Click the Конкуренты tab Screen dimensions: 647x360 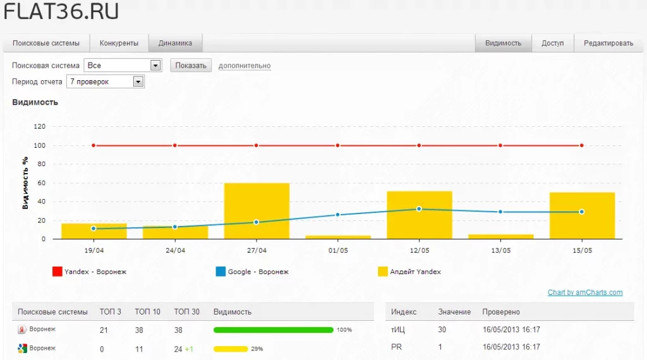point(119,43)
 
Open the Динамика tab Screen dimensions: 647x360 point(176,43)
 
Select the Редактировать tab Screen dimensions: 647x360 point(608,43)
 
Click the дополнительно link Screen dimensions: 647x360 point(245,66)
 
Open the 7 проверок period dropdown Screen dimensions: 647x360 point(106,81)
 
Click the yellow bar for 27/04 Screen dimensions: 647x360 point(257,211)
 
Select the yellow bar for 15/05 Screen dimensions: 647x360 point(582,215)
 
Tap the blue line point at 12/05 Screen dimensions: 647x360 point(420,209)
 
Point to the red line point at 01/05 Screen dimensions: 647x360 point(338,145)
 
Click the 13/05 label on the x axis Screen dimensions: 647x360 point(500,250)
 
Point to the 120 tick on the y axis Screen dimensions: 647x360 point(40,126)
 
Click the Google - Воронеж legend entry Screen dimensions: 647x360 point(252,272)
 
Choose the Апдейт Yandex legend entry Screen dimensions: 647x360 point(409,272)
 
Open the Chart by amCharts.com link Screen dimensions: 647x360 point(585,292)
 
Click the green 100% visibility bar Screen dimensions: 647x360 point(273,330)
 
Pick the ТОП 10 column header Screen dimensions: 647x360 point(147,312)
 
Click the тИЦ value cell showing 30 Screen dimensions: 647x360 point(442,330)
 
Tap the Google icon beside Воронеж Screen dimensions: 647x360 point(22,349)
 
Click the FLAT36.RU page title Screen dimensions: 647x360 point(61,11)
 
